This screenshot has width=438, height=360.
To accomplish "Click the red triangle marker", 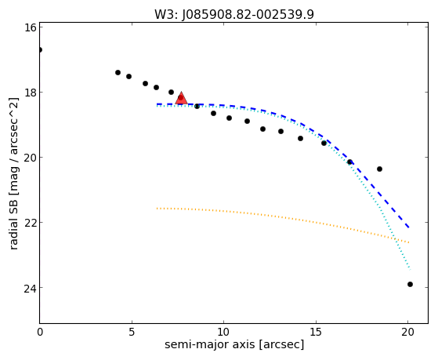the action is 181,98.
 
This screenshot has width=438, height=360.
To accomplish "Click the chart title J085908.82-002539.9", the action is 248,15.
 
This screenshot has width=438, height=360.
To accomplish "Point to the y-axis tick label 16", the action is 30,27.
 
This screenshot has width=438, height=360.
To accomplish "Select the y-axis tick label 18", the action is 30,93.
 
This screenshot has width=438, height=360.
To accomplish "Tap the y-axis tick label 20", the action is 30,158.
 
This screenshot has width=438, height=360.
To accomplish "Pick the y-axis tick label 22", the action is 30,223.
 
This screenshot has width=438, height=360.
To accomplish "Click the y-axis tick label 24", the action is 30,288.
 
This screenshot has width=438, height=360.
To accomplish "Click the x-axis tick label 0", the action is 40,332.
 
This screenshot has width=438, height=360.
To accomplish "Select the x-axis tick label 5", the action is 132,332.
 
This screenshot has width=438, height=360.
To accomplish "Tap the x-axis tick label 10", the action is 224,332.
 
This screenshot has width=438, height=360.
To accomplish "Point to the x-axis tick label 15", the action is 316,332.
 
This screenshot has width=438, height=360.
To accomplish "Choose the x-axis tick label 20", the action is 407,332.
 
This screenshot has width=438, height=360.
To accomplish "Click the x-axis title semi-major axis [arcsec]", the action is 234,344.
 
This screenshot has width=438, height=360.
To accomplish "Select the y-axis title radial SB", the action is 13,222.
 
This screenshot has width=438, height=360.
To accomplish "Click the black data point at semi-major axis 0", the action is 40,49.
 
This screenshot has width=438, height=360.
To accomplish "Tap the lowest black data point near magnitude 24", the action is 410,285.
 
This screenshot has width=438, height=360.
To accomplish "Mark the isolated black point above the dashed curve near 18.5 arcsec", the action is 379,169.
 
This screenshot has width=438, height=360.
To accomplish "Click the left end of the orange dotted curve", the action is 157,209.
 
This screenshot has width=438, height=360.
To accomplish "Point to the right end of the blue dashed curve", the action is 409,227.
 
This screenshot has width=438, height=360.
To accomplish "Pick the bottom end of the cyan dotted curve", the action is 410,270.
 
